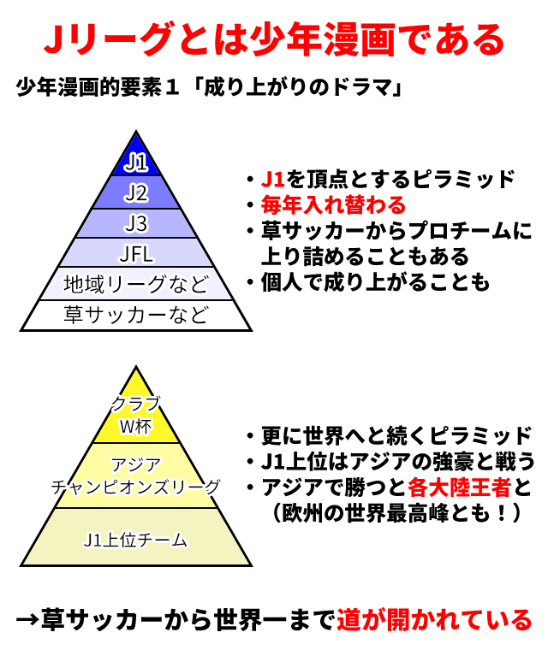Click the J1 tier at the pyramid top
pos(136,162)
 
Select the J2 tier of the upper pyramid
pos(136,192)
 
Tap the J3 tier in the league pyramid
pos(136,223)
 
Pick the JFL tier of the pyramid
pos(136,252)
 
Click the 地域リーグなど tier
pos(136,283)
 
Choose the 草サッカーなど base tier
pos(136,315)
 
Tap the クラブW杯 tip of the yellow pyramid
pos(136,414)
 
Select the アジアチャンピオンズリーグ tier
pos(136,476)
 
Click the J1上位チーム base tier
pos(136,540)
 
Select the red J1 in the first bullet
pos(273,180)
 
